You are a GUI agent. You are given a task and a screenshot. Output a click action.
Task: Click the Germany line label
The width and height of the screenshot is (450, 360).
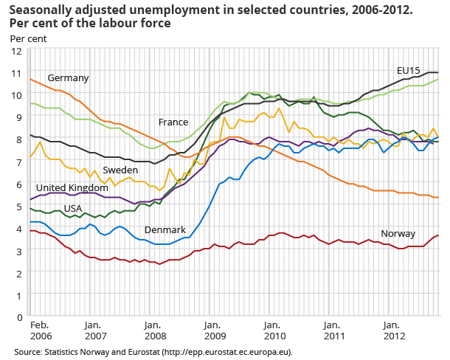[68, 78]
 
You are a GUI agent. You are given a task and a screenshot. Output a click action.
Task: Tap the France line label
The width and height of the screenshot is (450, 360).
[173, 122]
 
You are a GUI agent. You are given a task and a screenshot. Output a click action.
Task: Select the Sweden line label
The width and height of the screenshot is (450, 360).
[120, 170]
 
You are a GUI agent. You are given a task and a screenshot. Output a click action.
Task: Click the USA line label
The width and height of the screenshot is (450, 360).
[72, 209]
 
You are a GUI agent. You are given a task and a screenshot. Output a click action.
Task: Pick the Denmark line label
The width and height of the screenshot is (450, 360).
[165, 230]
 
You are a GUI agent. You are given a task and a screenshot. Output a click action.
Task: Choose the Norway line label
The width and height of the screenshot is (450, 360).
[398, 234]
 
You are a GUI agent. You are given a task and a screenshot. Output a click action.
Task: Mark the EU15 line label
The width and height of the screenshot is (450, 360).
[408, 71]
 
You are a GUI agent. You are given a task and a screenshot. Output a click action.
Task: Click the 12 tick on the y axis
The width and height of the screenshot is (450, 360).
[15, 50]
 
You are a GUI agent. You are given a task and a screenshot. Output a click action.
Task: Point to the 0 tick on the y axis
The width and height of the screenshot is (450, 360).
[18, 317]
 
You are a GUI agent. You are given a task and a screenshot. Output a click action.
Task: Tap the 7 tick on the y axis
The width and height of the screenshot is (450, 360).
[18, 162]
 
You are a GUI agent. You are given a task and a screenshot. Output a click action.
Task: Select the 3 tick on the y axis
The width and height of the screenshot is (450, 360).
[18, 251]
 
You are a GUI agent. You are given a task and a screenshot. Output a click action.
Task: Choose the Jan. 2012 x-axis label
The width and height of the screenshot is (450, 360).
[391, 329]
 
